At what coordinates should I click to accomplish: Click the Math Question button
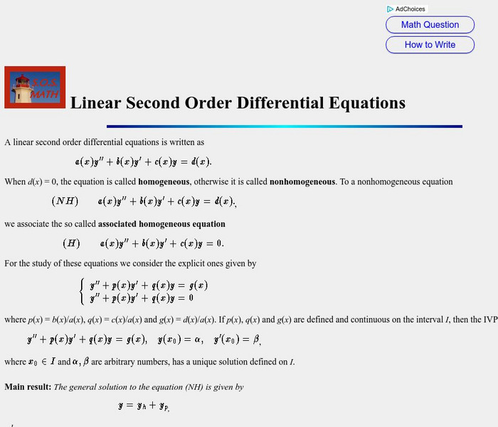point(430,25)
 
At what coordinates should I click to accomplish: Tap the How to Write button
point(430,45)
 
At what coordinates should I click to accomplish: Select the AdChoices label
point(410,9)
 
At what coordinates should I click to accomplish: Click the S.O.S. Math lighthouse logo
point(35,87)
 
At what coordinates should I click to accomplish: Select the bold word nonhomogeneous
point(302,181)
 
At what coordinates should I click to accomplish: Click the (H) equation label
point(71,243)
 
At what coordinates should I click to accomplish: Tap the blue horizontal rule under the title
point(285,127)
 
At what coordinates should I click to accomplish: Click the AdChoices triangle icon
point(391,9)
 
